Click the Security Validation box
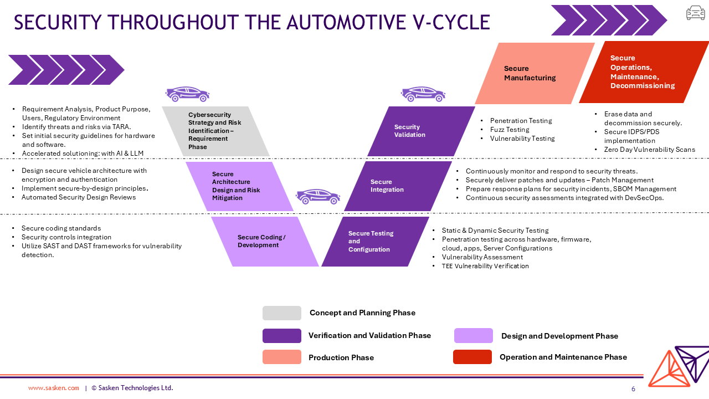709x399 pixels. tap(421, 131)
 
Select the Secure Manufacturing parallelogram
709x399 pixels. tap(535, 73)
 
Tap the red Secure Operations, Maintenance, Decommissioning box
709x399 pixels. tap(644, 72)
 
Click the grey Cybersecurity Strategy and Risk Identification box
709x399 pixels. tap(215, 131)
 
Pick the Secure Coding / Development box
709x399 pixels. tap(265, 242)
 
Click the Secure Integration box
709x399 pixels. tap(398, 186)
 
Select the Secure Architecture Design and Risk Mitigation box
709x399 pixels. tap(239, 186)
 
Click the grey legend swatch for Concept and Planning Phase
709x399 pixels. tap(282, 313)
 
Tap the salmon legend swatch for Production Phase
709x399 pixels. tap(282, 357)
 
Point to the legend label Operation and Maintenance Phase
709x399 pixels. tap(563, 357)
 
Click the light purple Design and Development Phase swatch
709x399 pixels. tap(473, 336)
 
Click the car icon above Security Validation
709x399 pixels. tap(423, 94)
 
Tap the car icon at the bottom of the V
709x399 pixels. tap(317, 196)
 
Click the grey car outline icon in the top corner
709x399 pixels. tap(695, 13)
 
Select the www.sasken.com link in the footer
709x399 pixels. tap(54, 388)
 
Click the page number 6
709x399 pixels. tap(633, 389)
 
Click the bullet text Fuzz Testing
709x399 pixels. tap(510, 130)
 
